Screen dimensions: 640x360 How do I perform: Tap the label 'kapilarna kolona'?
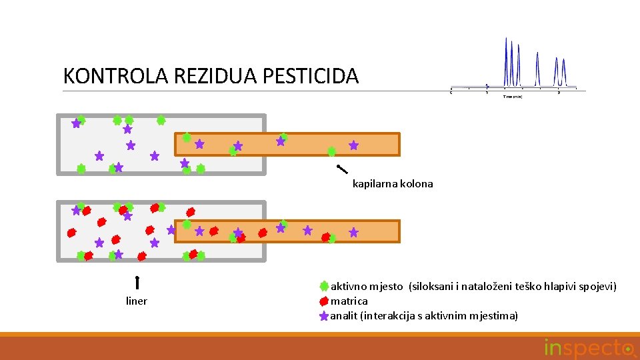393,184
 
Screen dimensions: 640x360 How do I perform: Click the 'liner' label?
137,301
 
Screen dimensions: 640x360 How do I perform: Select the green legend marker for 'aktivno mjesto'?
324,286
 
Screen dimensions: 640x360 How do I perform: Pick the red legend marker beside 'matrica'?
324,301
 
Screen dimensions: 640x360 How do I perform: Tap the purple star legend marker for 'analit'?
324,315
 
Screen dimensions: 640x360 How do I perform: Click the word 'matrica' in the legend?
349,301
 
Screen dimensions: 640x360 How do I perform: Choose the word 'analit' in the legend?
344,316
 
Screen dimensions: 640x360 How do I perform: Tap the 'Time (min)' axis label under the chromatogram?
513,97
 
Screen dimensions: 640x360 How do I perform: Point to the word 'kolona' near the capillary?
417,184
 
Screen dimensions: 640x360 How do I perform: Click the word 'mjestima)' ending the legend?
495,316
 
